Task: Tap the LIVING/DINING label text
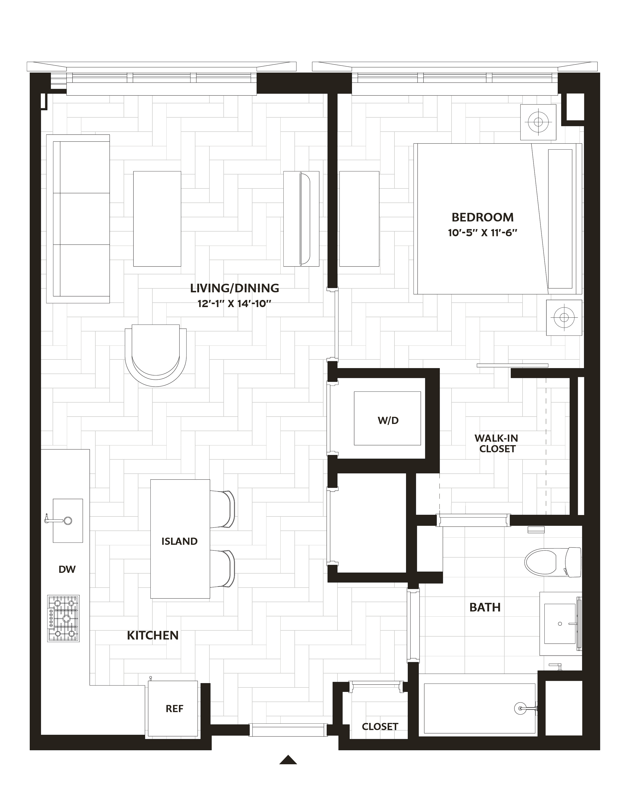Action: click(x=234, y=288)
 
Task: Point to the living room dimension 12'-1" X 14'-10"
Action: click(x=234, y=304)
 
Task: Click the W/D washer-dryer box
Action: click(x=387, y=418)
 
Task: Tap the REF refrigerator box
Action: click(x=173, y=709)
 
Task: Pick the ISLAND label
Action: click(x=179, y=541)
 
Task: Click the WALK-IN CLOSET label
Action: click(x=497, y=444)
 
